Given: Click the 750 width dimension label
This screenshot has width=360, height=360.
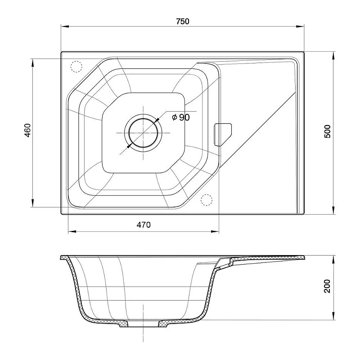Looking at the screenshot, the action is click(x=183, y=21).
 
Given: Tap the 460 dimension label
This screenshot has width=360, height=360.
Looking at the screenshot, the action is click(x=27, y=130).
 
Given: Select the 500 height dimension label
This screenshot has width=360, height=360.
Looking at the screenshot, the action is click(x=328, y=131).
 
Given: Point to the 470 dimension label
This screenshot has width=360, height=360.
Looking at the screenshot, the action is click(x=144, y=225).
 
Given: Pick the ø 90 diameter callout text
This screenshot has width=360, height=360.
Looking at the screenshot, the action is click(x=181, y=117).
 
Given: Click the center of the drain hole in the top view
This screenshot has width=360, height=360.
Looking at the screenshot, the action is click(x=144, y=133).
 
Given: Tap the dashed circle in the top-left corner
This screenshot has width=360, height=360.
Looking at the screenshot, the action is click(x=76, y=67).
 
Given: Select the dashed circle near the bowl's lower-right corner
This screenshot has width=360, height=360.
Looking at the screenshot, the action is click(x=207, y=200).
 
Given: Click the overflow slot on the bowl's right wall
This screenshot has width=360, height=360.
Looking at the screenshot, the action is click(x=222, y=135).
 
